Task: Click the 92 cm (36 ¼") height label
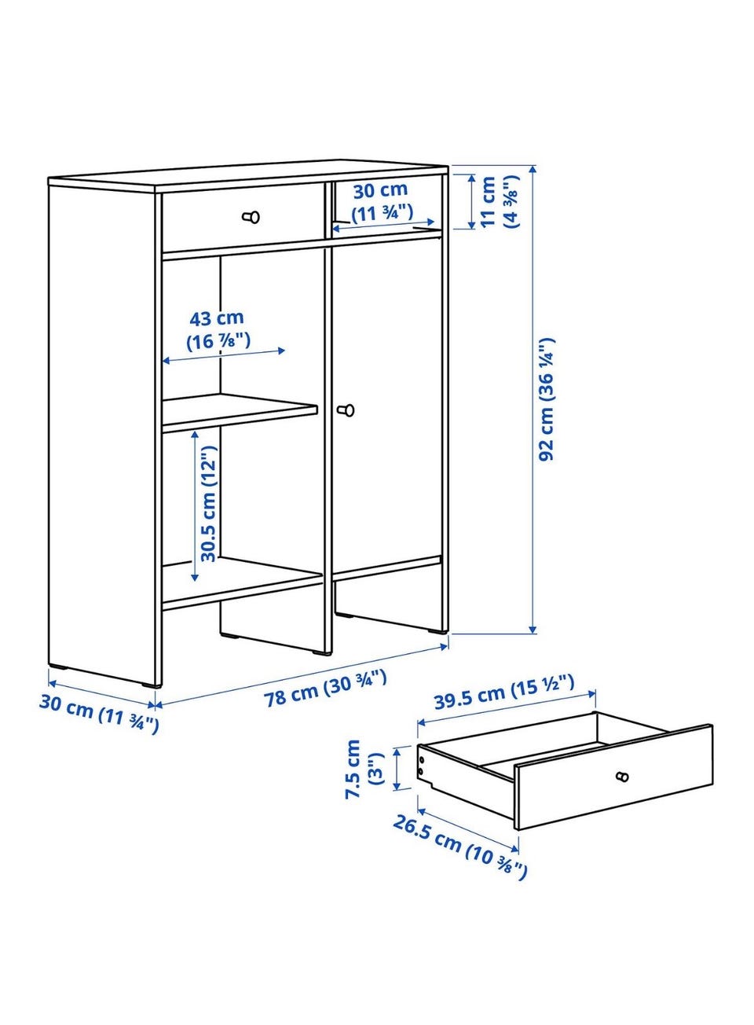coord(547,399)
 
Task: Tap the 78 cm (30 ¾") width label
coord(325,689)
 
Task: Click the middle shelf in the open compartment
coord(240,413)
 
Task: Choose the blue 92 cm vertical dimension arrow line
coord(533,399)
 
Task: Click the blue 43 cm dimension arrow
coord(224,356)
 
